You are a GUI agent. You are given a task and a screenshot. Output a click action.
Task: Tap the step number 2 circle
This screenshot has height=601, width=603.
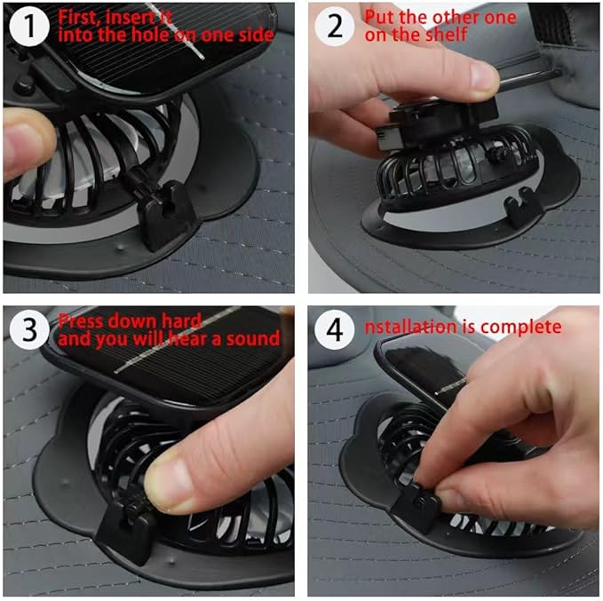pyautogui.click(x=335, y=27)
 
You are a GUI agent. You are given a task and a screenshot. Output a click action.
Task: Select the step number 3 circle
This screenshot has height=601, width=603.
pyautogui.click(x=28, y=329)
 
